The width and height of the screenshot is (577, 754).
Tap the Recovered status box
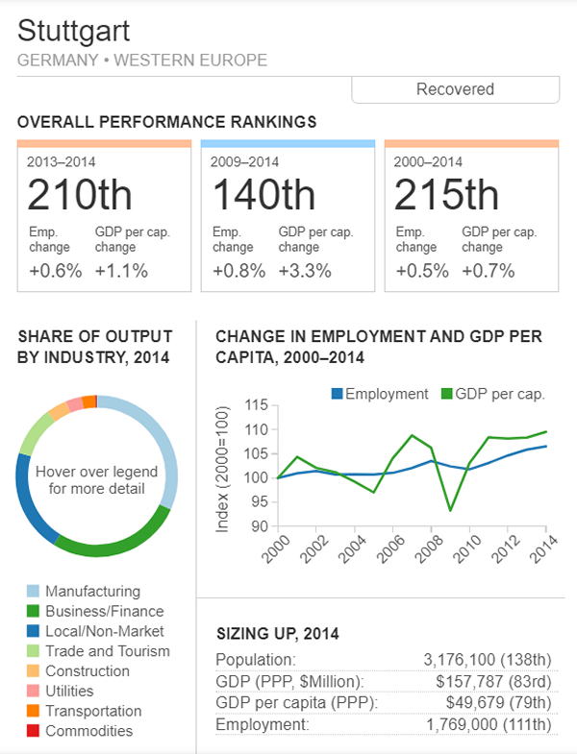click(x=455, y=89)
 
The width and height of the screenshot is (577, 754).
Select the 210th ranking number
click(x=79, y=195)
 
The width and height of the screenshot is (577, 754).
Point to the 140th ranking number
click(x=263, y=195)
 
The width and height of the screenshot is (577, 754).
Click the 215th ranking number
click(x=446, y=195)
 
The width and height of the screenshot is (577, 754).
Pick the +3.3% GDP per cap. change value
click(x=305, y=271)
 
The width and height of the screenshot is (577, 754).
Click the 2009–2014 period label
click(x=245, y=161)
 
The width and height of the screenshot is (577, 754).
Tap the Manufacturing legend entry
click(x=92, y=591)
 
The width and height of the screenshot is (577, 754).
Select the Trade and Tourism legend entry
click(x=107, y=651)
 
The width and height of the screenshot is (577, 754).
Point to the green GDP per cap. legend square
click(x=447, y=394)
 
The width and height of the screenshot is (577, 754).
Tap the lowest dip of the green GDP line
click(x=450, y=510)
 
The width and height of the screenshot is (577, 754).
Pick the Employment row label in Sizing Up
click(x=262, y=722)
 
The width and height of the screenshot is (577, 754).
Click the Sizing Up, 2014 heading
click(x=277, y=633)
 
